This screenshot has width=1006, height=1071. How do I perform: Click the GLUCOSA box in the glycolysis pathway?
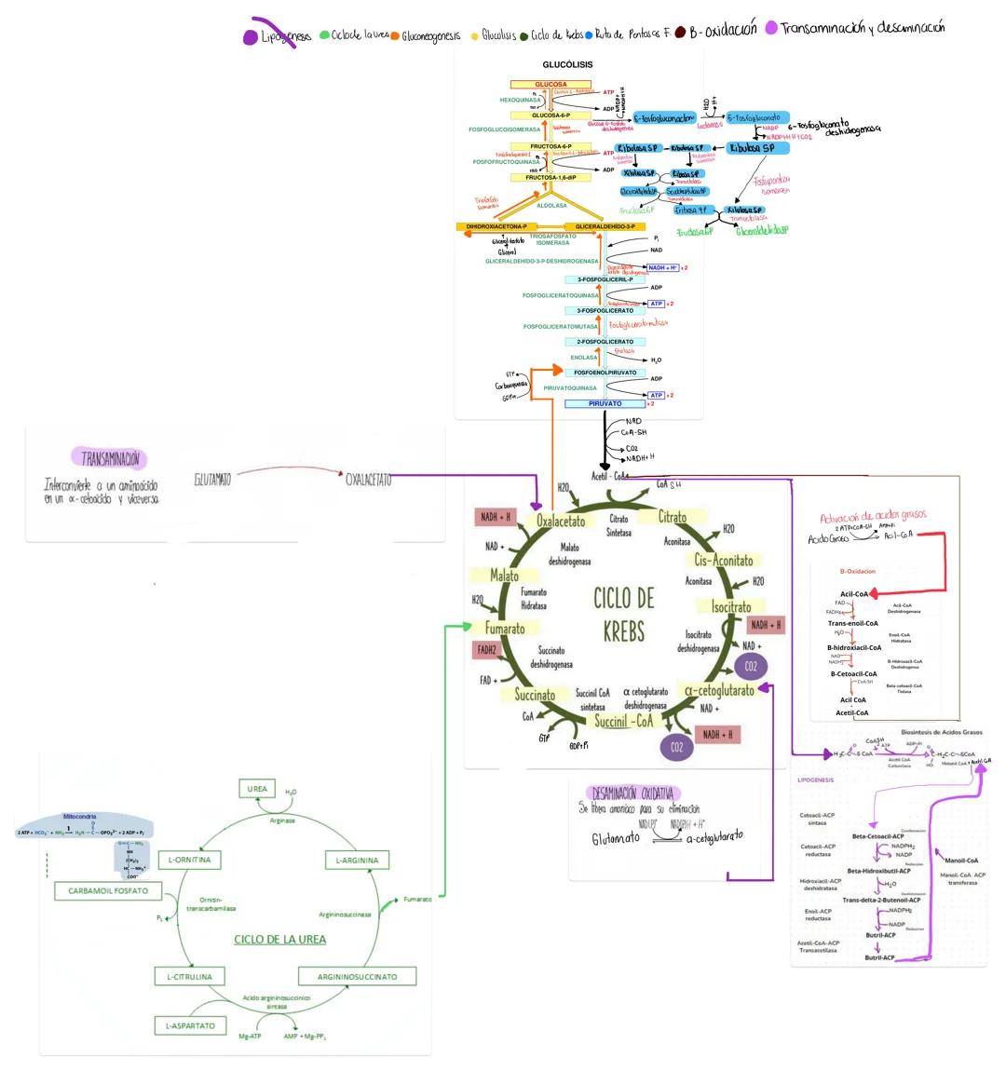[551, 85]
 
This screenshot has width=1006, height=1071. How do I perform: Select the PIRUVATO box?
[605, 403]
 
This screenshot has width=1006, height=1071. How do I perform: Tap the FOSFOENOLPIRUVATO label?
[605, 373]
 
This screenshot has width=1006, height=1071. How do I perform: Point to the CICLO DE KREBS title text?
[623, 614]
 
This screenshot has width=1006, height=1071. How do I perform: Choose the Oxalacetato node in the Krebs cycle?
[561, 521]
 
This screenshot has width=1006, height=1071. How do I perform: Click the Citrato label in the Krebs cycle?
[673, 518]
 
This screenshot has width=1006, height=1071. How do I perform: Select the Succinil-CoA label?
[623, 721]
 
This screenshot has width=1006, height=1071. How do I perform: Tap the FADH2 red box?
[487, 650]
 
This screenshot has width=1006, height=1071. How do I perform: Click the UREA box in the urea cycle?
[257, 789]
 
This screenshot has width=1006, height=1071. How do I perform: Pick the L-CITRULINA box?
[189, 977]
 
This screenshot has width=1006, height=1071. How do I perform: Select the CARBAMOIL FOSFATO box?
[108, 890]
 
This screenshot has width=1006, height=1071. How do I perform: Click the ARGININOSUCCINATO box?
[357, 977]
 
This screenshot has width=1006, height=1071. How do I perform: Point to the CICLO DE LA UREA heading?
[279, 940]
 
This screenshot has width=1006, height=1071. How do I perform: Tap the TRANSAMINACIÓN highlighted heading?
[110, 458]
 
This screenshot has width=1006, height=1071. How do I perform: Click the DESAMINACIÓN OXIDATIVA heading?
[632, 793]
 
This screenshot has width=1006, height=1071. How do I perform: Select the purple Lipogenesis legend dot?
[250, 37]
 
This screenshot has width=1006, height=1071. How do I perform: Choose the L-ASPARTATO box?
[190, 1025]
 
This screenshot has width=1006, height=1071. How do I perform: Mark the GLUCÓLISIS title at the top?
[567, 65]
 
